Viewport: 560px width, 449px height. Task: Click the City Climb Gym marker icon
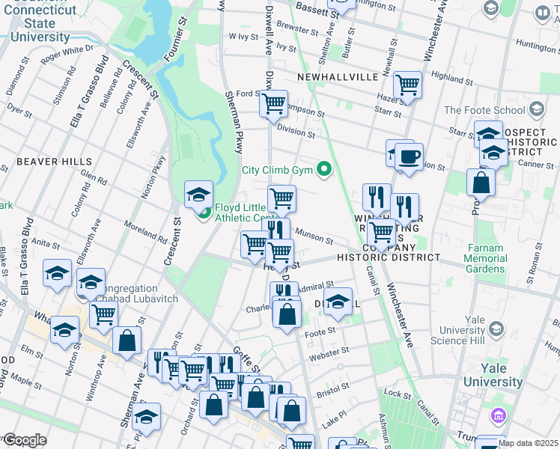(324, 169)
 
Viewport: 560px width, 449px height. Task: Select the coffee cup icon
(409, 157)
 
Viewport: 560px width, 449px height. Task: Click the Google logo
(24, 440)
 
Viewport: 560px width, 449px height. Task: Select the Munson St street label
(314, 236)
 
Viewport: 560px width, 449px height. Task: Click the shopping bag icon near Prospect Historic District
(481, 182)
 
